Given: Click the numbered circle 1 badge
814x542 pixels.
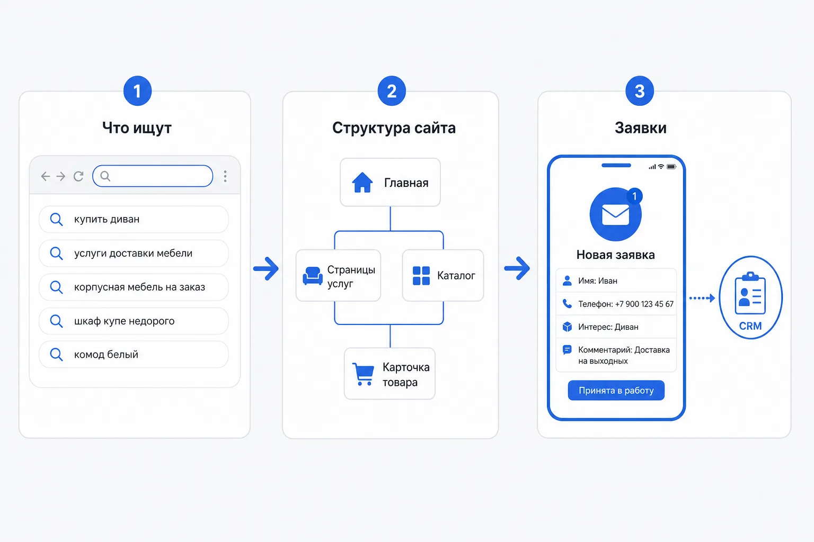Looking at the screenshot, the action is click(x=137, y=91).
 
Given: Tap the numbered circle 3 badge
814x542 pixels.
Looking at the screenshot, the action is click(x=640, y=91).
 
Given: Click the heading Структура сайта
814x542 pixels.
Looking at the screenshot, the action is click(x=394, y=128).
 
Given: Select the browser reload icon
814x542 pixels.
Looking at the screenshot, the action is click(x=78, y=176).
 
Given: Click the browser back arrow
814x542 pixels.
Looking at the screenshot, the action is click(x=46, y=176).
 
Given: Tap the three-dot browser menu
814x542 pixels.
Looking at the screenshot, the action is click(x=225, y=176).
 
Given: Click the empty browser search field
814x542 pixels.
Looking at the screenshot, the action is click(x=153, y=176).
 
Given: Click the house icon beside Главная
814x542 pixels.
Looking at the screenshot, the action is click(x=362, y=182).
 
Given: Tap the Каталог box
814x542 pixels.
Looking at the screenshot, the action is click(x=443, y=276).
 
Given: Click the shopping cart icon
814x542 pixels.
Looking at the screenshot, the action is click(x=363, y=374).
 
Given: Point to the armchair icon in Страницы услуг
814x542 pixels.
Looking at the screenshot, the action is click(x=313, y=276).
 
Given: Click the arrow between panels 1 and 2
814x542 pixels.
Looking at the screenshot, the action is click(x=266, y=269).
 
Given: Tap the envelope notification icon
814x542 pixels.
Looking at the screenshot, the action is click(x=616, y=214).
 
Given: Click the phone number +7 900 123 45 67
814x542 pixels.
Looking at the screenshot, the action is click(x=644, y=304).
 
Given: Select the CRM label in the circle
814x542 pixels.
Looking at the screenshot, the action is click(x=750, y=326).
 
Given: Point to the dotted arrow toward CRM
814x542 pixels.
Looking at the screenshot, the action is click(x=702, y=298).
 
